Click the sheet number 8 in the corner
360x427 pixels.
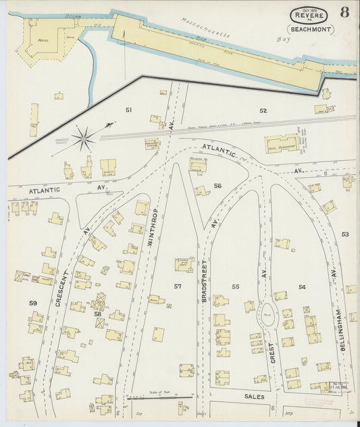[x=344, y=12]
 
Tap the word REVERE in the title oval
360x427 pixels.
[x=310, y=16]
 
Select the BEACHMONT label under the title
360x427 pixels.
[x=310, y=29]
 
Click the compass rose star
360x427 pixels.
[x=84, y=140]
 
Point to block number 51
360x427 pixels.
[x=128, y=109]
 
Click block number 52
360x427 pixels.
[x=263, y=110]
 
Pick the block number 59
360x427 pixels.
[x=32, y=303]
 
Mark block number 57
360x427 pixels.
[x=178, y=286]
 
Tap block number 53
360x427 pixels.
[x=345, y=234]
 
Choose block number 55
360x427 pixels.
[x=236, y=286]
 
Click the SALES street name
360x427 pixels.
[x=254, y=397]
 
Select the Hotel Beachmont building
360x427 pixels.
[x=281, y=143]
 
